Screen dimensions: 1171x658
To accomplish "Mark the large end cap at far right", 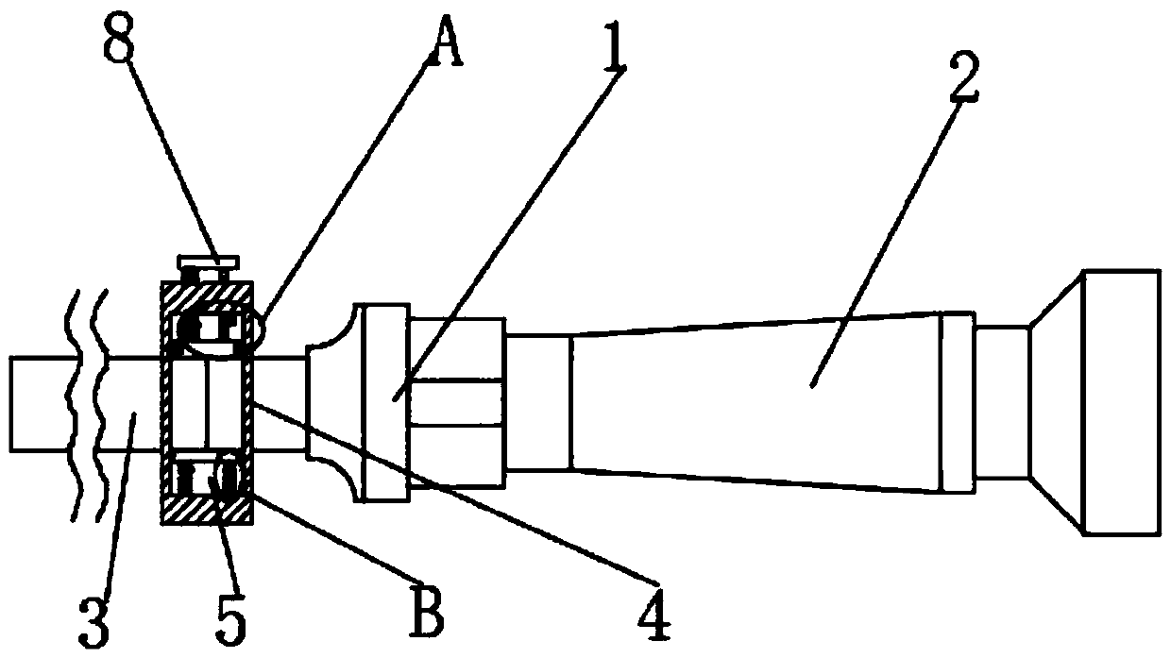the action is click(x=1121, y=403).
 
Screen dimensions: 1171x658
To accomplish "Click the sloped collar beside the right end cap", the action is click(x=1056, y=403).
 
